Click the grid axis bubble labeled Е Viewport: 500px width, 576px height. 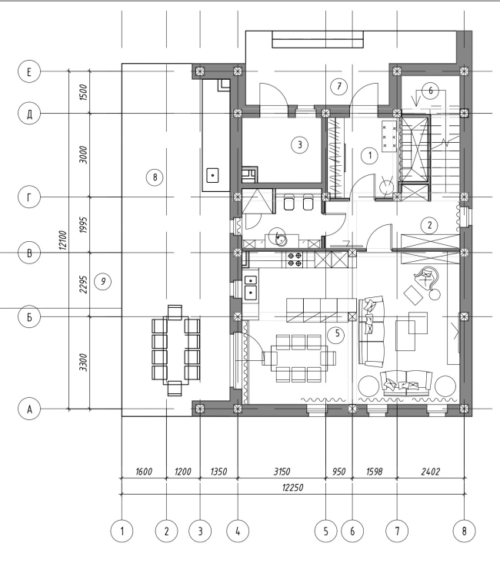pyautogui.click(x=29, y=71)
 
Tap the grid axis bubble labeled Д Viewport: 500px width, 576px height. pyautogui.click(x=29, y=114)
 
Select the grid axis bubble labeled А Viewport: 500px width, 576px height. pyautogui.click(x=29, y=409)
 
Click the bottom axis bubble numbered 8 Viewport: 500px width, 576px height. pyautogui.click(x=464, y=531)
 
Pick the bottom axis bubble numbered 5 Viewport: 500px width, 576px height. pyautogui.click(x=325, y=531)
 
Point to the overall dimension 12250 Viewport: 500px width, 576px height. pyautogui.click(x=293, y=488)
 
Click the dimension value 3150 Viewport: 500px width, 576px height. pyautogui.click(x=282, y=472)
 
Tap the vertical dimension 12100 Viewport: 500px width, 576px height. pyautogui.click(x=63, y=240)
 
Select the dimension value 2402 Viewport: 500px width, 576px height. pyautogui.click(x=431, y=472)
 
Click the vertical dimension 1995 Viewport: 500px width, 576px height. pyautogui.click(x=84, y=225)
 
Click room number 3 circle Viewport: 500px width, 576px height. pyautogui.click(x=299, y=144)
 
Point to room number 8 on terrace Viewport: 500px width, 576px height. pyautogui.click(x=155, y=177)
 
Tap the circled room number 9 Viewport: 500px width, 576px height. pyautogui.click(x=102, y=281)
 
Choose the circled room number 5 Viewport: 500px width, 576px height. pyautogui.click(x=337, y=334)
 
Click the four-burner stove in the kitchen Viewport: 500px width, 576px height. pyautogui.click(x=295, y=259)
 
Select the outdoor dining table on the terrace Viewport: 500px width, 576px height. pyautogui.click(x=176, y=350)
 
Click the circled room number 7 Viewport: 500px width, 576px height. pyautogui.click(x=339, y=86)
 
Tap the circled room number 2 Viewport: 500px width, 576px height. pyautogui.click(x=429, y=225)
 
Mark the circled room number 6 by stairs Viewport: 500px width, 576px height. pyautogui.click(x=431, y=91)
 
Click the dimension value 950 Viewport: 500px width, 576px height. pyautogui.click(x=339, y=472)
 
